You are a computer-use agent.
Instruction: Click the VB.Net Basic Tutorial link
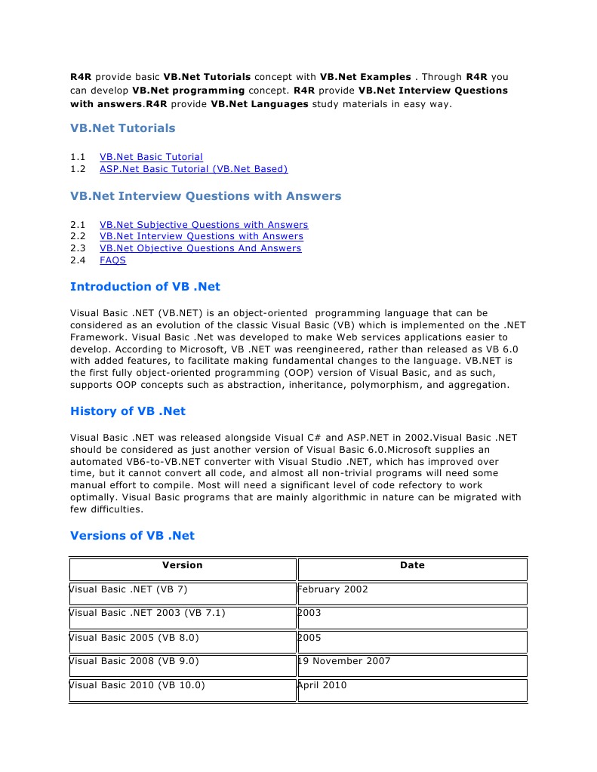pos(151,157)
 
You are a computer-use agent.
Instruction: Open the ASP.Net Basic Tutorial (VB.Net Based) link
pos(193,169)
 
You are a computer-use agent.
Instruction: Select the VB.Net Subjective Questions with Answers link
pos(204,225)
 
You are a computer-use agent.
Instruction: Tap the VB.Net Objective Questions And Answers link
pos(200,248)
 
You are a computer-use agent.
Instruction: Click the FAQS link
pos(112,260)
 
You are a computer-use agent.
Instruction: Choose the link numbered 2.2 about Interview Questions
pos(201,236)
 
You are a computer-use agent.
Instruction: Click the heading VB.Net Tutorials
pos(122,128)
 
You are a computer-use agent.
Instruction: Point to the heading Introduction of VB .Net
pos(145,287)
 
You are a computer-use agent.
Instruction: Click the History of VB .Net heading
pos(128,411)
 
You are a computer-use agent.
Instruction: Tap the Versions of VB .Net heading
pos(132,536)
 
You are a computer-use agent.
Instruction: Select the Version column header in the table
pos(183,565)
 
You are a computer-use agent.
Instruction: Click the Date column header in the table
pos(412,565)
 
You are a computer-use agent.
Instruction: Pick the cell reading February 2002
pos(333,589)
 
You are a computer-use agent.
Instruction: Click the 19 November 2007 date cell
pos(344,662)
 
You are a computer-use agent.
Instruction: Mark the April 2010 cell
pos(322,686)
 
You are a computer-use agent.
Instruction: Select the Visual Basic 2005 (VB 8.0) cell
pos(134,638)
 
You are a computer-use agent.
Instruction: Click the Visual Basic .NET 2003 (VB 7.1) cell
pos(147,614)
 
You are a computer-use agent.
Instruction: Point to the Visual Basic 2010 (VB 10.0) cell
pos(137,686)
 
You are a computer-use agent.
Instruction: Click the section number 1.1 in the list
pos(78,157)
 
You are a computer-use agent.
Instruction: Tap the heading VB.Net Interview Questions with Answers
pos(205,196)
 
